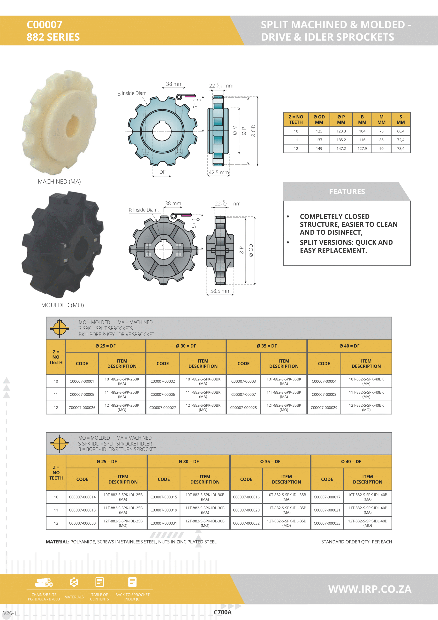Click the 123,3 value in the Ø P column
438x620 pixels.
pyautogui.click(x=341, y=131)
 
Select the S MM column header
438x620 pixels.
pyautogui.click(x=400, y=120)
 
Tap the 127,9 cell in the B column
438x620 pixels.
pyautogui.click(x=362, y=148)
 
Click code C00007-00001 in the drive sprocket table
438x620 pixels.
pyautogui.click(x=82, y=381)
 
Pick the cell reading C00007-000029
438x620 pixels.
pyautogui.click(x=324, y=408)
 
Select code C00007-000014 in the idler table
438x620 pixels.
pyautogui.click(x=82, y=497)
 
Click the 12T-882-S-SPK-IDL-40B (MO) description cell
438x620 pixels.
pyautogui.click(x=367, y=523)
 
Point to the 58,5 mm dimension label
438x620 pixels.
pyautogui.click(x=220, y=291)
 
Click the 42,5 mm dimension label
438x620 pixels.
pyautogui.click(x=219, y=172)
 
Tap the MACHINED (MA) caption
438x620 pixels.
pyautogui.click(x=59, y=181)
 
